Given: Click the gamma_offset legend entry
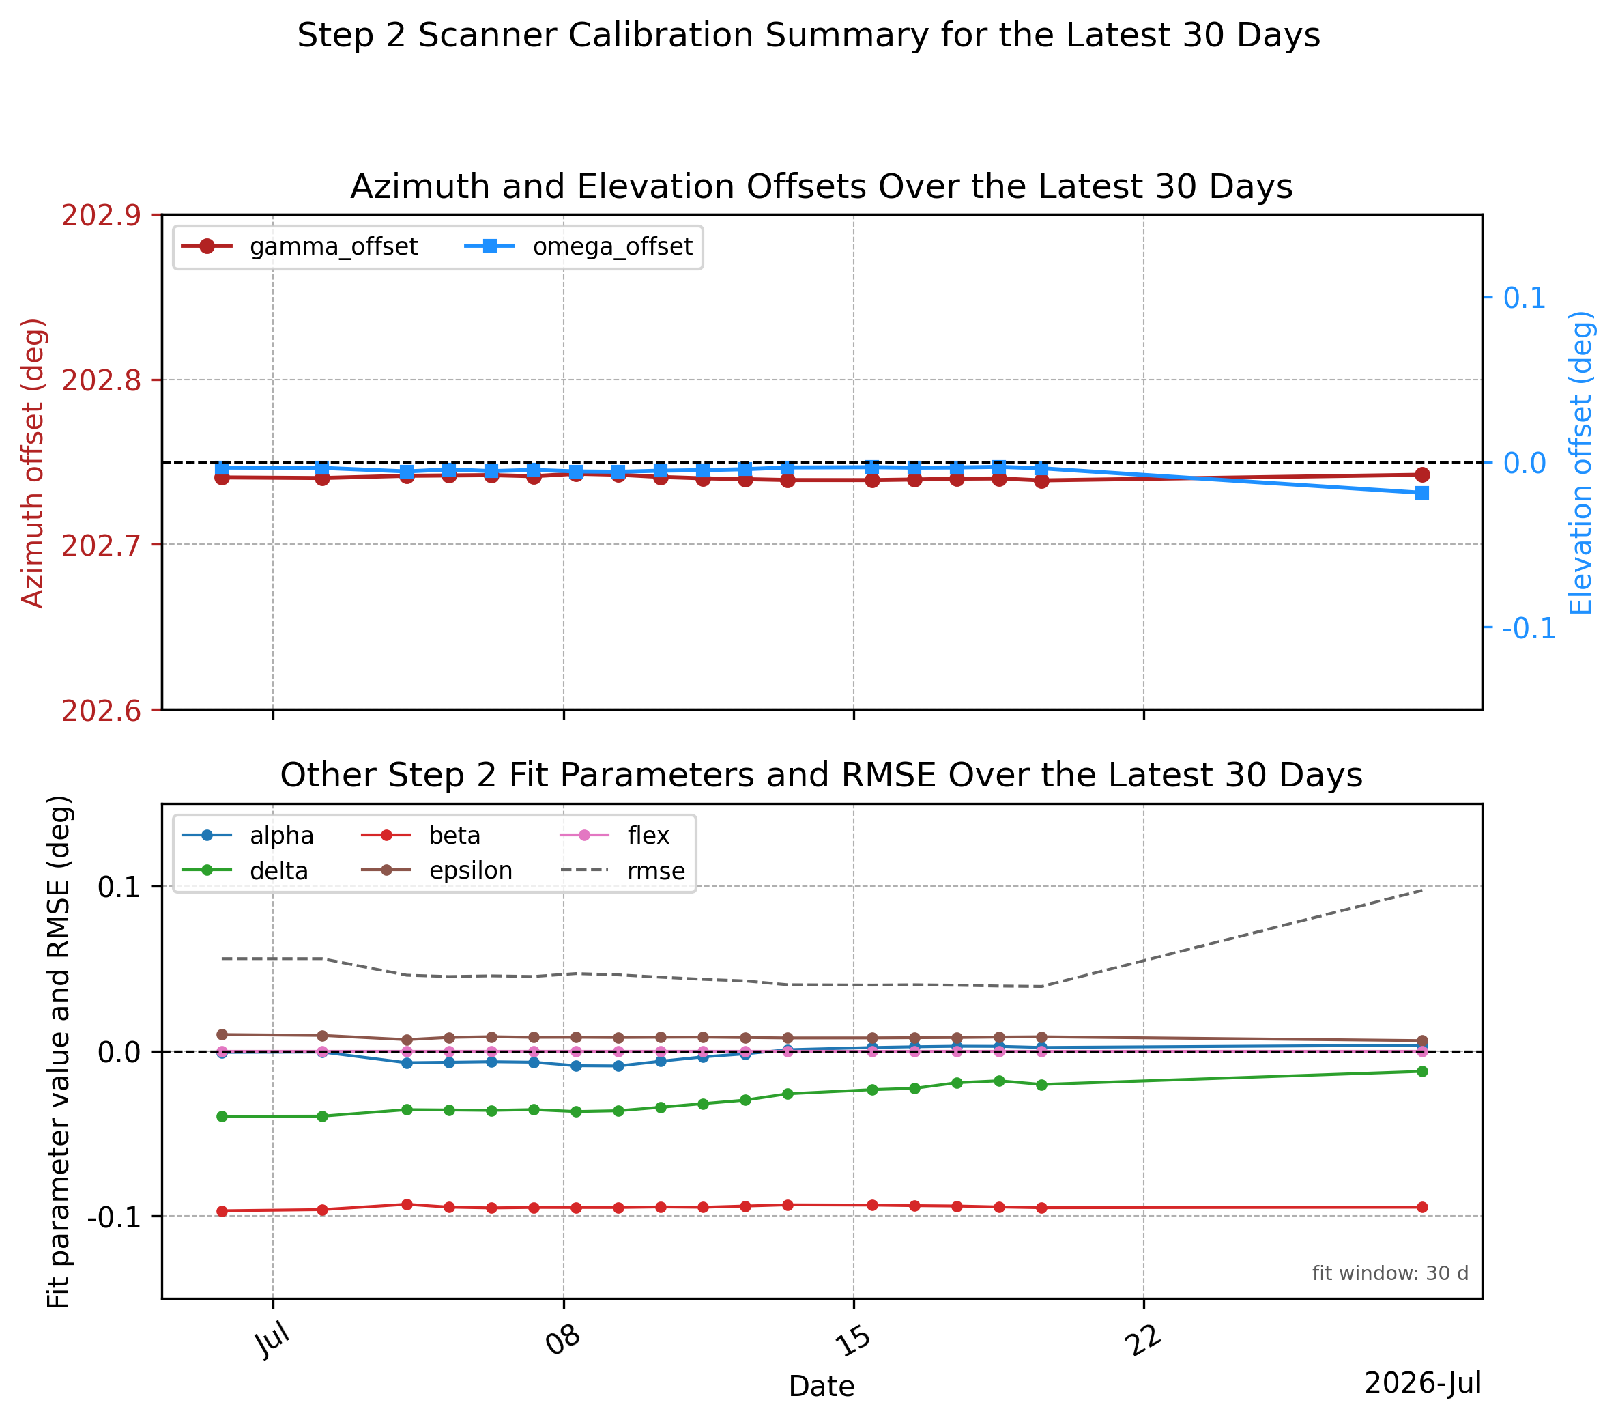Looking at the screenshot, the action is point(299,247).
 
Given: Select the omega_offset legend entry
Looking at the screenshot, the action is point(578,247).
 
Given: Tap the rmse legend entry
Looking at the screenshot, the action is point(623,871).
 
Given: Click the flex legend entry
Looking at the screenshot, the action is point(615,836).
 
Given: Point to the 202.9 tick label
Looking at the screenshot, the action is point(101,215).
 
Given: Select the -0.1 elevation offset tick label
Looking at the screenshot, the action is point(1529,629).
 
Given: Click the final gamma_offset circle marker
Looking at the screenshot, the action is point(1421,475).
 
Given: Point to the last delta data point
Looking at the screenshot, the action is point(1421,1071).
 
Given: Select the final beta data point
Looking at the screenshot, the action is point(1421,1208).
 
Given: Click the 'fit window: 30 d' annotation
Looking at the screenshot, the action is point(1390,1274).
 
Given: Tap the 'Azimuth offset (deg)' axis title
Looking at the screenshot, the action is point(33,463).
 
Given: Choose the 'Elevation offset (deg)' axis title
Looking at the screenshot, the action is point(1580,463).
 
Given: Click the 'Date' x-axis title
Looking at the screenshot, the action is point(822,1387).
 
